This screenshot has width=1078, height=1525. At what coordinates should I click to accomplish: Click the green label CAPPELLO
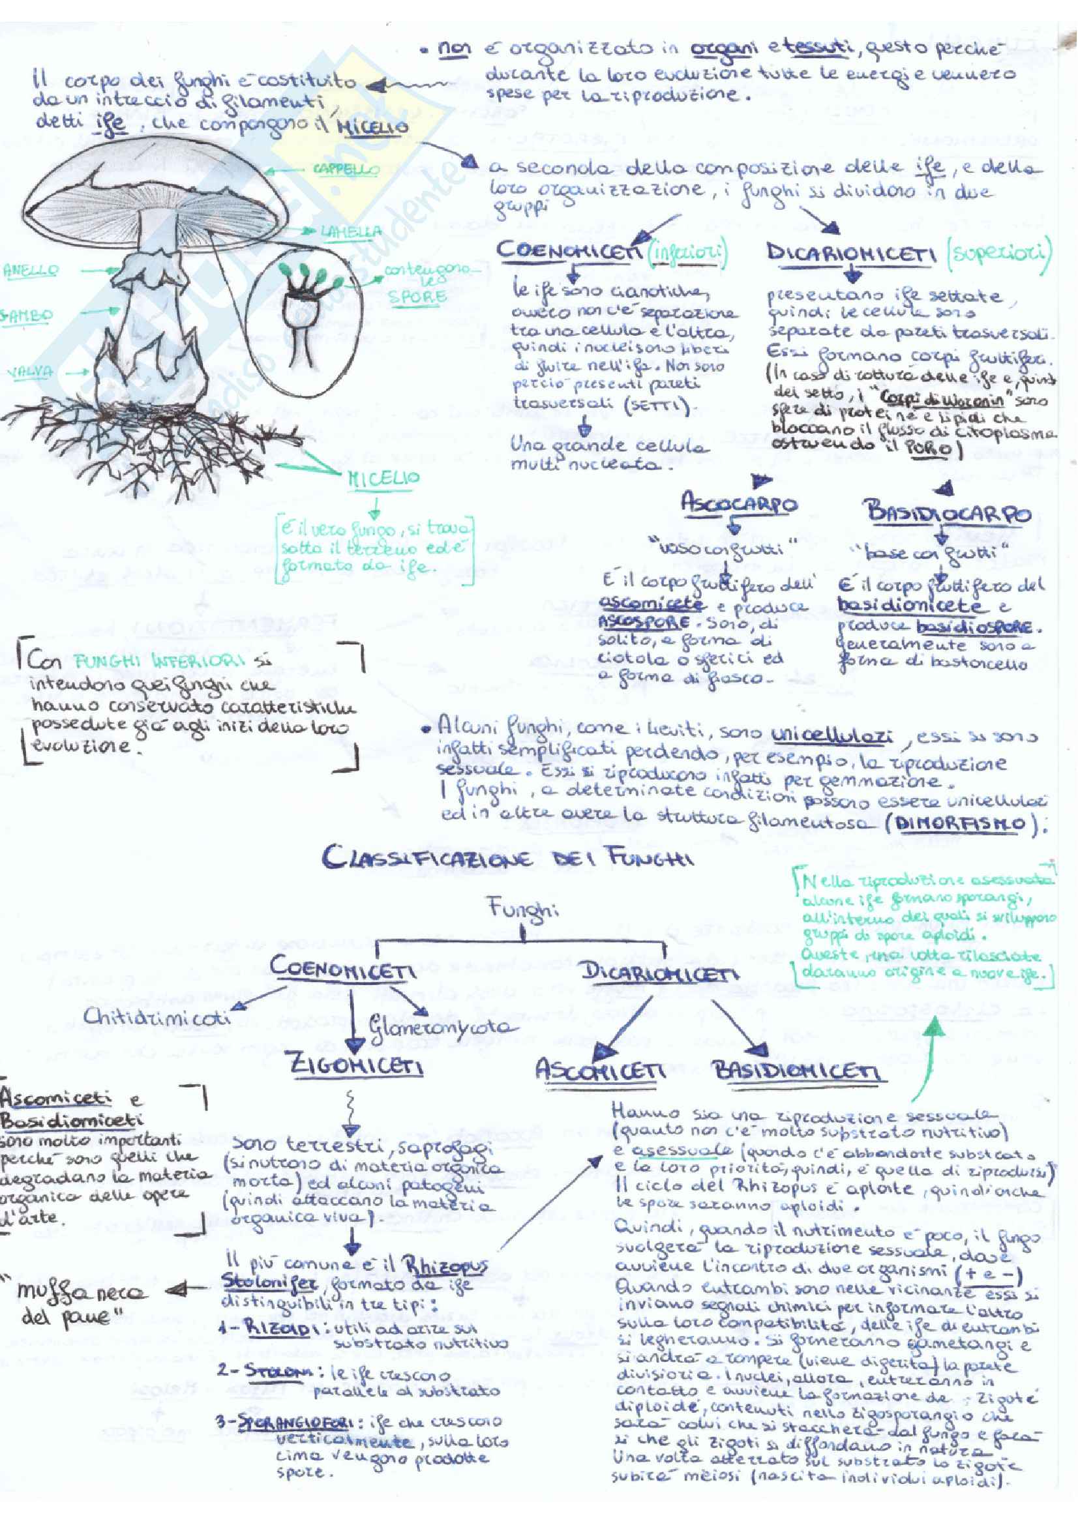click(346, 170)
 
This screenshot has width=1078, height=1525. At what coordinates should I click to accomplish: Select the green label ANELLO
click(31, 271)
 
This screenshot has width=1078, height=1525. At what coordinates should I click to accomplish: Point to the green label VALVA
click(30, 372)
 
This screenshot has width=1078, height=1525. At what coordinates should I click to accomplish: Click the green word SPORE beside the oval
click(417, 296)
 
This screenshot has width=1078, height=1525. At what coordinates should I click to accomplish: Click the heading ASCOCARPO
click(739, 504)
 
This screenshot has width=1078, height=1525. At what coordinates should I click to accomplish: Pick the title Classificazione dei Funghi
click(507, 857)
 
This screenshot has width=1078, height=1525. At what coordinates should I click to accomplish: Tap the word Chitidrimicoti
click(157, 1016)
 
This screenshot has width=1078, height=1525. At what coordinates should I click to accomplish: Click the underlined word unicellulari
click(831, 737)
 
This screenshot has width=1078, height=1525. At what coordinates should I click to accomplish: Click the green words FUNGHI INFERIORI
click(158, 661)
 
